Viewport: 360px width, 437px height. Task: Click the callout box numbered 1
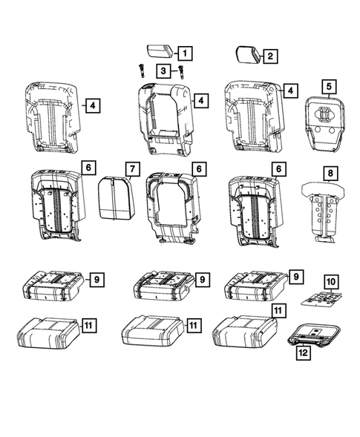click(x=183, y=53)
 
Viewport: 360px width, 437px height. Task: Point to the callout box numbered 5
click(x=327, y=88)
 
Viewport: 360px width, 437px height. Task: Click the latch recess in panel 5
click(x=324, y=115)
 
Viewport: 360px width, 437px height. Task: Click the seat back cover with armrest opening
click(x=162, y=119)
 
